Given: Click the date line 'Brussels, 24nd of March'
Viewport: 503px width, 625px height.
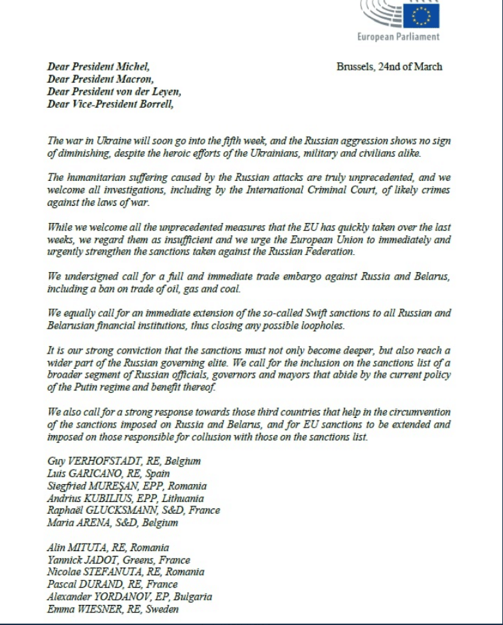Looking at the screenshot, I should click(389, 67).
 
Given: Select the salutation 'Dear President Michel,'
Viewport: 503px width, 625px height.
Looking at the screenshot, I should click(97, 67).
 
